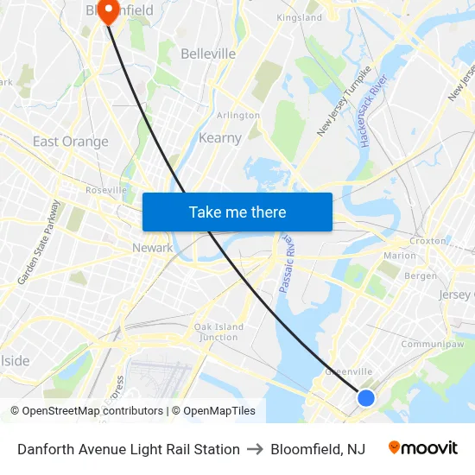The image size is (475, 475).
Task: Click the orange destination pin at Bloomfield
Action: pyautogui.click(x=109, y=10)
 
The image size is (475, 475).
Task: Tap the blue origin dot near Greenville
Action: pyautogui.click(x=366, y=398)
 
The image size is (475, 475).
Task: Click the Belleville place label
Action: pyautogui.click(x=208, y=54)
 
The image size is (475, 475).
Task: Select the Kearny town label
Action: pyautogui.click(x=220, y=138)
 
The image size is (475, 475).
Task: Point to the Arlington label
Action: pyautogui.click(x=238, y=115)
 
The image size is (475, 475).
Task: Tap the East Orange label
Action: pyautogui.click(x=71, y=142)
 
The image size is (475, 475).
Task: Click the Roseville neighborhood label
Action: pyautogui.click(x=106, y=190)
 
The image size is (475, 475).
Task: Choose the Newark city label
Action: pyautogui.click(x=152, y=248)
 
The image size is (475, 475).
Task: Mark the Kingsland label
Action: pyautogui.click(x=299, y=17)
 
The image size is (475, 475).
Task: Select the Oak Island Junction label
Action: pyautogui.click(x=218, y=332)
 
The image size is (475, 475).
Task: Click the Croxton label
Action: pyautogui.click(x=428, y=241)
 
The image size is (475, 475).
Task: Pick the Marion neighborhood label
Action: pyautogui.click(x=399, y=256)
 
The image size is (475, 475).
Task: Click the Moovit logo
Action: pyautogui.click(x=423, y=448)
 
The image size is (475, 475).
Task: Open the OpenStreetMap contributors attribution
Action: pyautogui.click(x=92, y=411)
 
